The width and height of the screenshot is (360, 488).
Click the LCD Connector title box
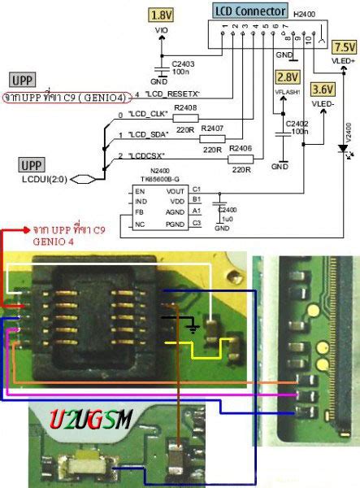click(249, 11)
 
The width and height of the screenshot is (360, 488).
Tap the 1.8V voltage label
click(161, 15)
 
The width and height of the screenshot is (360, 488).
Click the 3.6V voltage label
click(323, 89)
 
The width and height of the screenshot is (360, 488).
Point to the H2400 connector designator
click(302, 12)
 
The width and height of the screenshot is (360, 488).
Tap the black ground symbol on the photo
click(192, 328)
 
